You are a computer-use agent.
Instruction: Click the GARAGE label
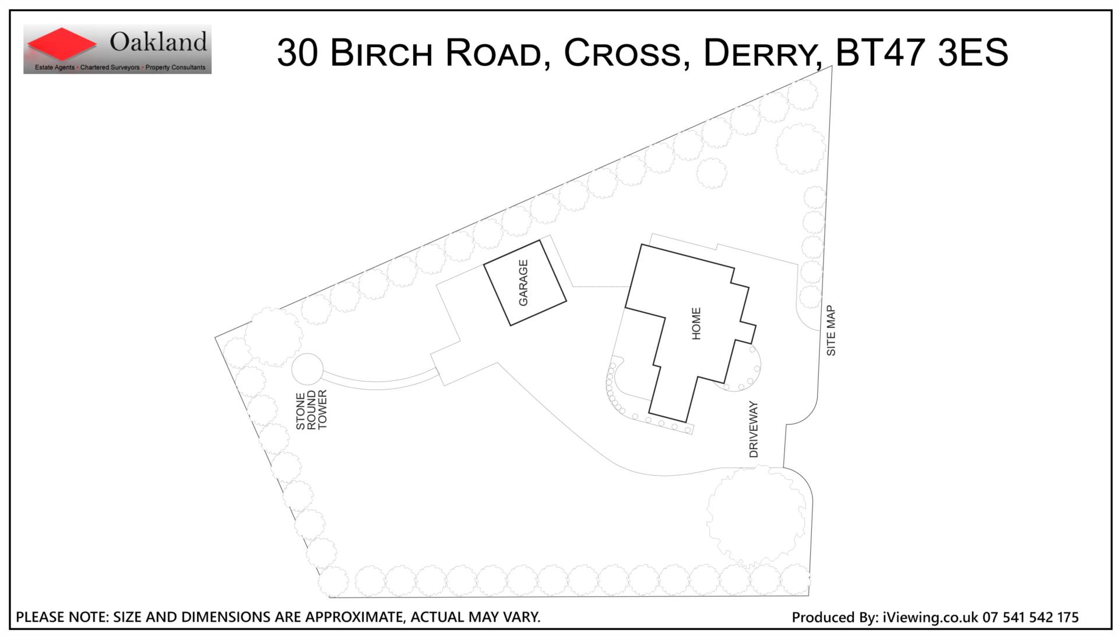click(523, 282)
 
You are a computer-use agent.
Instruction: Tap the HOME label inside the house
click(696, 324)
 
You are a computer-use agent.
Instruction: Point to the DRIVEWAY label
click(754, 429)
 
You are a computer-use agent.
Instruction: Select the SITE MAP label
click(831, 331)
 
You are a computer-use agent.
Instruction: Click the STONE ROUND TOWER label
click(311, 410)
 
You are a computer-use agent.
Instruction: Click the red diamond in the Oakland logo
click(61, 44)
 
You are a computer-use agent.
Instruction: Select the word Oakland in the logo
click(159, 41)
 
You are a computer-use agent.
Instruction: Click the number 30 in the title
click(297, 52)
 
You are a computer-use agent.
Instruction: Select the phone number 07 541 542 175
click(1030, 617)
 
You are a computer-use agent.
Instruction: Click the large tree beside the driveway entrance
click(756, 517)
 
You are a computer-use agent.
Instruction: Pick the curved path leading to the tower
click(379, 384)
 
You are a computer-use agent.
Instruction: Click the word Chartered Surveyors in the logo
click(110, 68)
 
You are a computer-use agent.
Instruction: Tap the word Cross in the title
click(622, 53)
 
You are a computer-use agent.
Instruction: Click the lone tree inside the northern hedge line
click(712, 173)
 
